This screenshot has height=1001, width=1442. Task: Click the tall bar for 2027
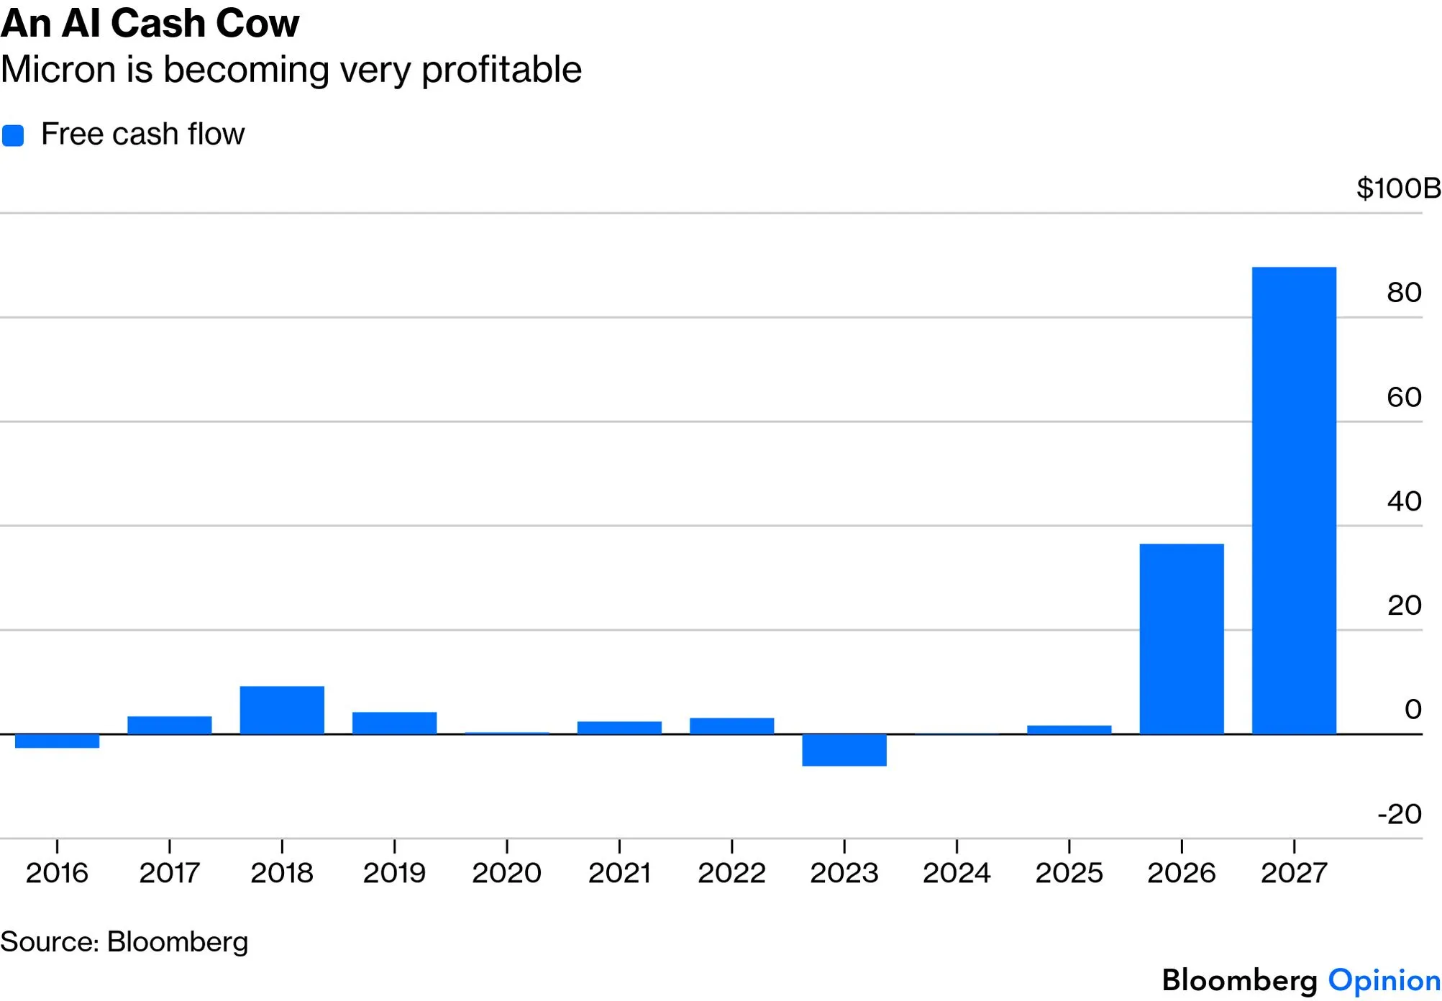pos(1294,501)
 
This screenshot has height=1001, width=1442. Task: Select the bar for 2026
pos(1182,639)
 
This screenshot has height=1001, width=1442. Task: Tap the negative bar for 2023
pos(844,750)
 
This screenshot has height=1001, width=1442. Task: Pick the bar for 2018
pos(282,710)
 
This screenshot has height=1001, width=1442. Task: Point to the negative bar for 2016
pos(58,741)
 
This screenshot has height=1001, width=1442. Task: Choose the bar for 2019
pos(394,723)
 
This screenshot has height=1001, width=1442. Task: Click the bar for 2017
pos(170,726)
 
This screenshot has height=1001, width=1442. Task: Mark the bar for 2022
pos(732,726)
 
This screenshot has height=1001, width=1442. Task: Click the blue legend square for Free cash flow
pos(13,135)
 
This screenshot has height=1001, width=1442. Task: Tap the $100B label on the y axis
pos(1398,188)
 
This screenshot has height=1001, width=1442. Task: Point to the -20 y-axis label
pos(1400,814)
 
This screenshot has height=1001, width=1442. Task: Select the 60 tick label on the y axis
pos(1404,397)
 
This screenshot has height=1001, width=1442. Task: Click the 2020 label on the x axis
pos(506,873)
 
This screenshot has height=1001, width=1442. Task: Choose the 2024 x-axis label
pos(957,873)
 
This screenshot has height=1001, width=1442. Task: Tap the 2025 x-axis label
pos(1069,873)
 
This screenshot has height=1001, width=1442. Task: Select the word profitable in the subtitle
pos(501,70)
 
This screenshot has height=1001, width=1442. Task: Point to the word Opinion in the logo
pos(1384,981)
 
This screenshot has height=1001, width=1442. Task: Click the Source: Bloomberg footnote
pos(124,942)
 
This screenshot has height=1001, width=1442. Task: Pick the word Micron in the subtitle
pos(58,70)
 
